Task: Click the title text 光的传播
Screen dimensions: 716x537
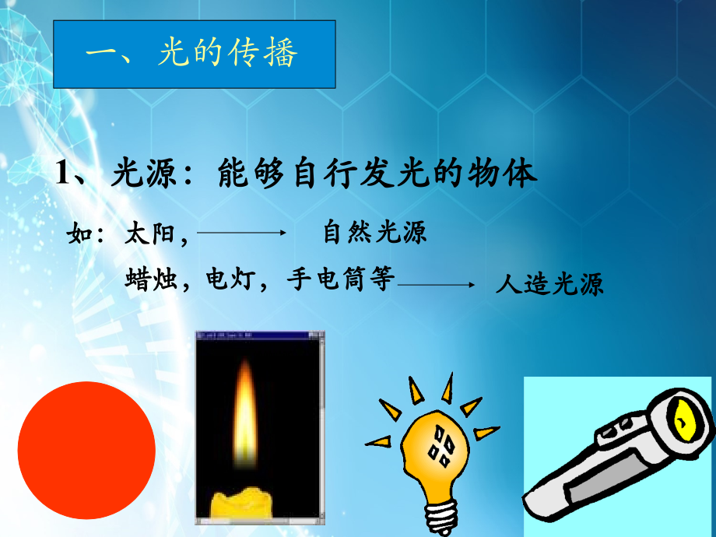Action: click(x=228, y=52)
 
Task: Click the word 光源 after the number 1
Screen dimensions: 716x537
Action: click(x=143, y=173)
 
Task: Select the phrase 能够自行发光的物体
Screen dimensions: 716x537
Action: click(x=377, y=173)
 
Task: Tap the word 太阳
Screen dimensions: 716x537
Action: click(x=149, y=233)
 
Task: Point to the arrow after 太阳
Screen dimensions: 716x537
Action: click(x=241, y=233)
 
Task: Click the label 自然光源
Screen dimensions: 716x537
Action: click(x=374, y=232)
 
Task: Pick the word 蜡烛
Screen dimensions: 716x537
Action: click(x=151, y=279)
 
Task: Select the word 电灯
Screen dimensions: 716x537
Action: click(x=230, y=279)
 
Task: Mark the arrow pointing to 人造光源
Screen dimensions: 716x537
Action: click(x=436, y=285)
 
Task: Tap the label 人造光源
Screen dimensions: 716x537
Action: click(x=549, y=284)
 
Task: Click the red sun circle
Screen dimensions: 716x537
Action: click(x=86, y=451)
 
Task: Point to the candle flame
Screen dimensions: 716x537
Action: click(x=245, y=413)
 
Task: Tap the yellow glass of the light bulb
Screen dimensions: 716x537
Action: click(x=435, y=452)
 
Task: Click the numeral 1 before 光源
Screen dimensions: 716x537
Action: click(x=62, y=173)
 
